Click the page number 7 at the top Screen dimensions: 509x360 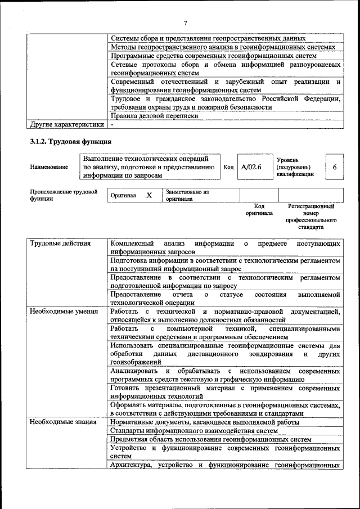[185, 23]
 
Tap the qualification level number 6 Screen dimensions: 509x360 [335, 167]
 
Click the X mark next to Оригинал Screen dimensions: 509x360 [149, 195]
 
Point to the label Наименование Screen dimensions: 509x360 [49, 167]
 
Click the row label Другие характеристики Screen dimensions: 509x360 [67, 124]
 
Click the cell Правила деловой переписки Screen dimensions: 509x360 [155, 115]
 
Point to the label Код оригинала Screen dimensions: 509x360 [259, 210]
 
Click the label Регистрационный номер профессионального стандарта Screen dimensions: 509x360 [311, 217]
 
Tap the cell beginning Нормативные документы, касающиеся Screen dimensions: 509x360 [205, 421]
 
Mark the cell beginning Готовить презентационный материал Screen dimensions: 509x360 [226, 391]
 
